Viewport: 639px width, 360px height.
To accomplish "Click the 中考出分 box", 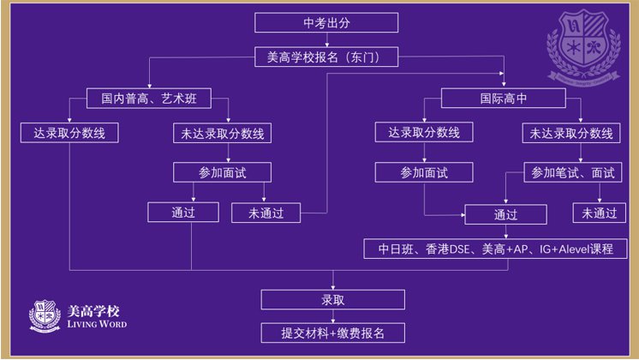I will click(x=326, y=23).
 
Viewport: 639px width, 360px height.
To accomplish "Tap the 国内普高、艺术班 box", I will click(x=149, y=99).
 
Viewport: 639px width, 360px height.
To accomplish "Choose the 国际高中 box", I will click(x=503, y=99).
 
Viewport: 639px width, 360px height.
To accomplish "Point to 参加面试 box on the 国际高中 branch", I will click(x=424, y=172).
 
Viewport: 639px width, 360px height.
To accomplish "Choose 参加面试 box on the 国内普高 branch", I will click(x=222, y=172).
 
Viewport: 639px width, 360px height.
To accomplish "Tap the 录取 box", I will click(x=332, y=300).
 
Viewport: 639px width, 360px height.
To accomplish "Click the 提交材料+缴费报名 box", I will click(x=332, y=333).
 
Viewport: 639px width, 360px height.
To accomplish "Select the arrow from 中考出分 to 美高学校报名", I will click(x=326, y=39).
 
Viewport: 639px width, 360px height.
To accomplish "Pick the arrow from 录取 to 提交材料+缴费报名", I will click(x=332, y=316).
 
